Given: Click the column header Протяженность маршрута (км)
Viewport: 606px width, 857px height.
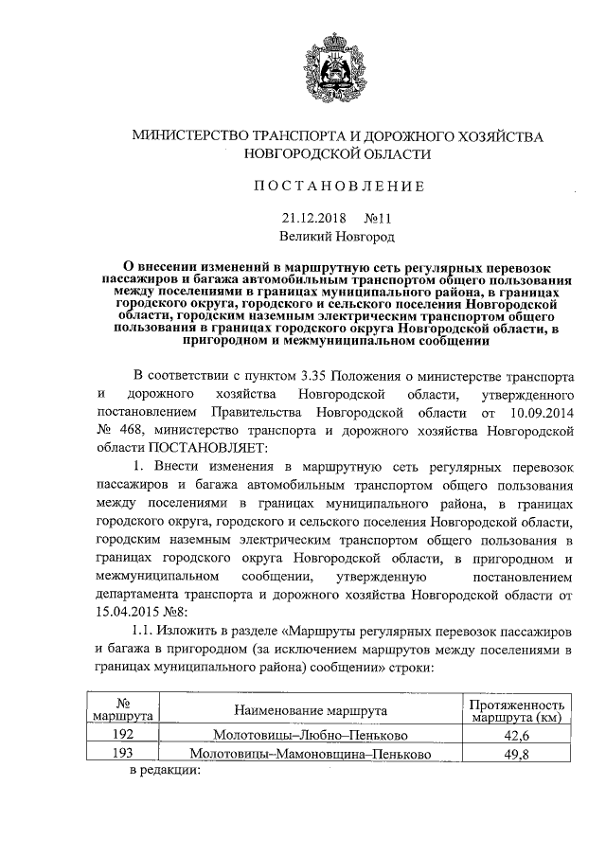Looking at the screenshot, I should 516,710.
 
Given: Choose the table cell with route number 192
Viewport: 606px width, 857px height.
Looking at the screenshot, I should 122,734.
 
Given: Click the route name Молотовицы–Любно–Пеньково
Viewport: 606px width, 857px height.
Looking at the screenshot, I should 312,735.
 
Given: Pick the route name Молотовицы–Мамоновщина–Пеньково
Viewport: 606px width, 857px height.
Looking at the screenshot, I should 312,754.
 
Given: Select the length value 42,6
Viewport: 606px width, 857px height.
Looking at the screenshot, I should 516,735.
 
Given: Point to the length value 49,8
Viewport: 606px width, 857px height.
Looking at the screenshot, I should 516,754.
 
